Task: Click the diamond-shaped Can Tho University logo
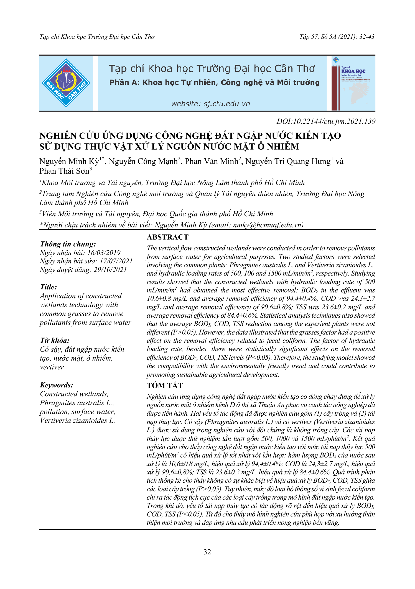(x=66, y=83)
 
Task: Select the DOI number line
(x=326, y=121)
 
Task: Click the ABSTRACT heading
(x=167, y=237)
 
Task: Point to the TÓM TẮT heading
(x=165, y=385)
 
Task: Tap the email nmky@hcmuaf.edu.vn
(x=267, y=225)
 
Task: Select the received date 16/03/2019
(x=104, y=253)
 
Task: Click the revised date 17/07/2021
(x=116, y=261)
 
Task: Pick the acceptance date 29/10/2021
(x=110, y=269)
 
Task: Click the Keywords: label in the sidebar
(x=57, y=385)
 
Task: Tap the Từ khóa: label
(x=55, y=340)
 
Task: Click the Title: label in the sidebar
(x=48, y=287)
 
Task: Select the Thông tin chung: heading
(x=68, y=244)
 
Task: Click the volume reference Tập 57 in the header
(x=308, y=37)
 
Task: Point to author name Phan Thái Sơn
(x=64, y=171)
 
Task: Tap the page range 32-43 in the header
(x=367, y=37)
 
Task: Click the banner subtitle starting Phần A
(x=214, y=83)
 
